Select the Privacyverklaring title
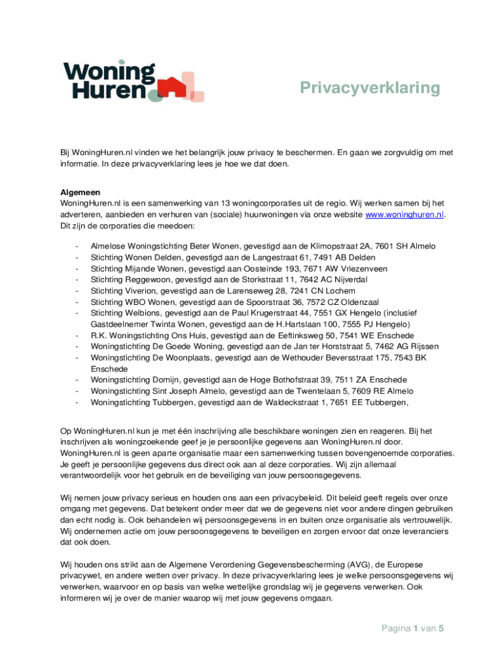[370, 88]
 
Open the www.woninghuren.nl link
[405, 214]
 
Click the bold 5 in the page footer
[442, 629]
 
